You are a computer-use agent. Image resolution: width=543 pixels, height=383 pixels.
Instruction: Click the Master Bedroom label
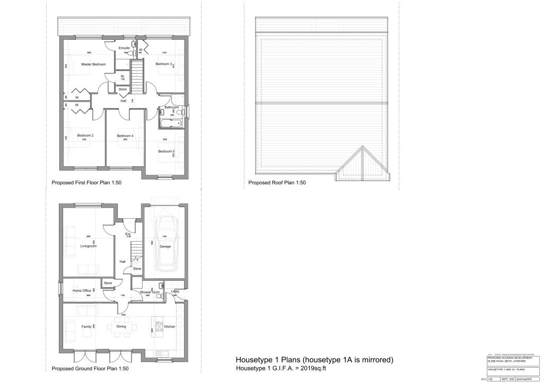coord(93,64)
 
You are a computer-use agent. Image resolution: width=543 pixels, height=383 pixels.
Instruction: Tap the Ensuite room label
coord(124,48)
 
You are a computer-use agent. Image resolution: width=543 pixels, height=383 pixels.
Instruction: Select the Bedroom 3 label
coord(163,64)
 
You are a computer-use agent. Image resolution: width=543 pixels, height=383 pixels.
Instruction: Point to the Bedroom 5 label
coord(166,152)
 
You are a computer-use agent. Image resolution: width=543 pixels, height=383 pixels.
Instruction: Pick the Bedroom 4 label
coord(125,136)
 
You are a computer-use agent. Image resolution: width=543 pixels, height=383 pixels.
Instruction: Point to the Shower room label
coord(150,292)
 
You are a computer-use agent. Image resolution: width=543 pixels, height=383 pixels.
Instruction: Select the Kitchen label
coord(169,327)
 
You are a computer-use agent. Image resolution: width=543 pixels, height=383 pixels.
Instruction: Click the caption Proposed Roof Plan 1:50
coord(277,183)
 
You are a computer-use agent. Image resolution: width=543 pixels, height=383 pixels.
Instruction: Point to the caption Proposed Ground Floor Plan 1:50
coord(90,369)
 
